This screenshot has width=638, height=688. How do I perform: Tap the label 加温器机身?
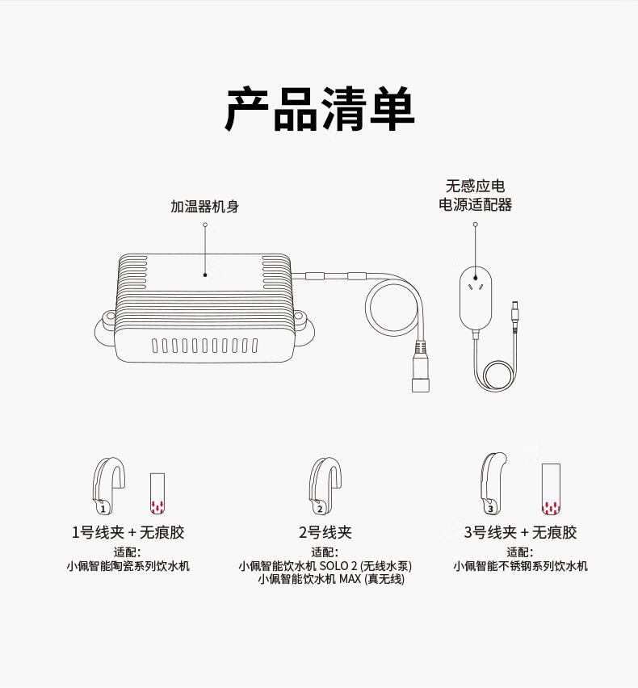point(204,207)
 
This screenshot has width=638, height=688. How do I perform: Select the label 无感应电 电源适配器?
point(475,195)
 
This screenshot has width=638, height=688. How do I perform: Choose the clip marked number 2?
point(321,486)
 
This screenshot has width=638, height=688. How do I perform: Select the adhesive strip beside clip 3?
point(551,489)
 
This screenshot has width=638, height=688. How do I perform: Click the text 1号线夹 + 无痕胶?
point(128,532)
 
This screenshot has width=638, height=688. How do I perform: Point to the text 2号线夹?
point(325,532)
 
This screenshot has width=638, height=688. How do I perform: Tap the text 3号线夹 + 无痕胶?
point(520,532)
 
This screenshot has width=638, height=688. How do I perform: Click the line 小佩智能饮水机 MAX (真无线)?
point(331,579)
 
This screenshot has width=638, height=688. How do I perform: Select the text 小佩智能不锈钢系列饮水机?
point(520,566)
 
